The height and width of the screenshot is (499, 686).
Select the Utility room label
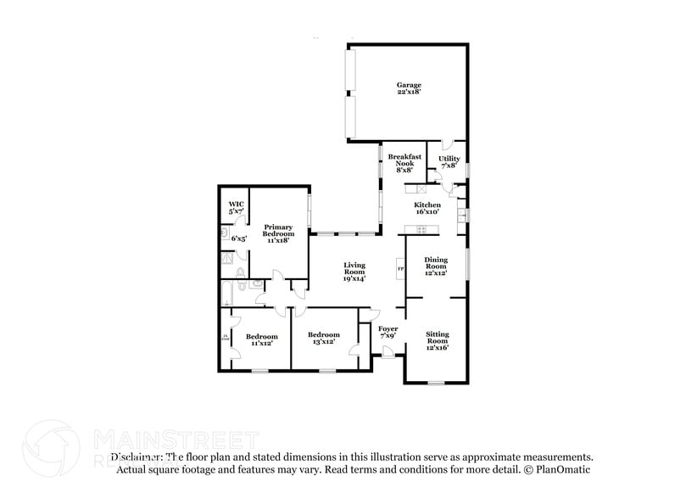(449, 162)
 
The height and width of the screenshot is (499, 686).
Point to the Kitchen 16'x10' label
(427, 209)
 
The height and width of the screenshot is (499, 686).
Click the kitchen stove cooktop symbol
(416, 229)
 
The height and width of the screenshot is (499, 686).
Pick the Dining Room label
(436, 267)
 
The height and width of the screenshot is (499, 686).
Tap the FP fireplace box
(401, 270)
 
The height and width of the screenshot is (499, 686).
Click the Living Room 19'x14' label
(354, 272)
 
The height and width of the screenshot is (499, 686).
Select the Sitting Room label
(437, 340)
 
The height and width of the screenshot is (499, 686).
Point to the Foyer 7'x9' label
(388, 332)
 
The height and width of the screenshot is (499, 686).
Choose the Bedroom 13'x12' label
(323, 338)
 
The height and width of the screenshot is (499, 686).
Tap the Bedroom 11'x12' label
(261, 339)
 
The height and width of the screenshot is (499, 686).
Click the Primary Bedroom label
(278, 233)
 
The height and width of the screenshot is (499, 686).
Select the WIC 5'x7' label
(236, 207)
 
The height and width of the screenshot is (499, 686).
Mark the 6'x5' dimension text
(238, 238)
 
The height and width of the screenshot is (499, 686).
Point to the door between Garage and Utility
(448, 146)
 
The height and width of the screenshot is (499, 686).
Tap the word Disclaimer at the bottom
(134, 457)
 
